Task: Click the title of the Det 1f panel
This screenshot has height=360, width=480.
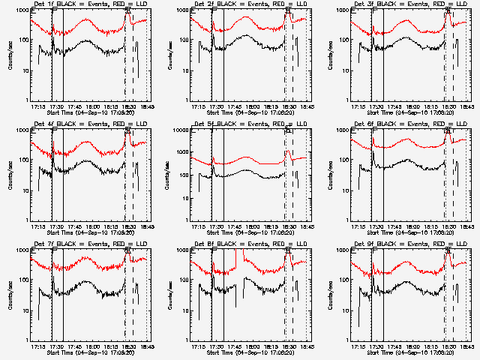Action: [89, 4]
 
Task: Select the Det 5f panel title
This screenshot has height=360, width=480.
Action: [250, 124]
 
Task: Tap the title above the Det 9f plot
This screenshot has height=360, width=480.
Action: [410, 244]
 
